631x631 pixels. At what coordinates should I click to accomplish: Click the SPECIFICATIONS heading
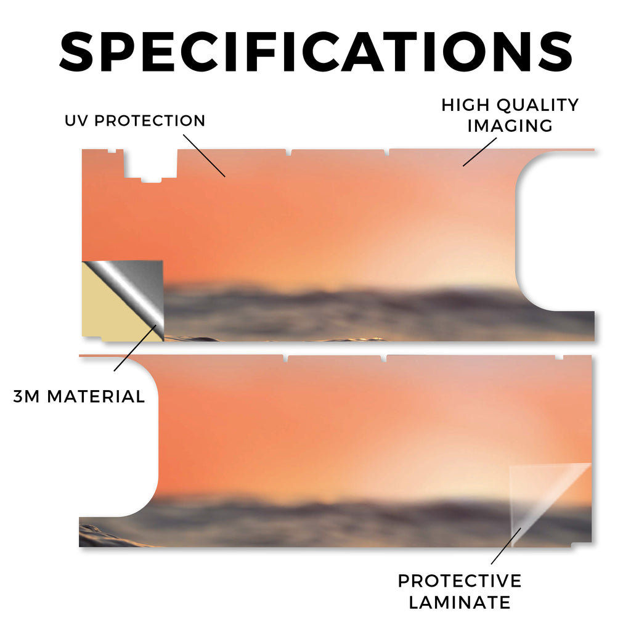coord(316,52)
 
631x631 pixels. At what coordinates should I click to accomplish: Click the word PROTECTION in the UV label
coord(150,120)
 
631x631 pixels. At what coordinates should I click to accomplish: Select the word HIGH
coord(466,105)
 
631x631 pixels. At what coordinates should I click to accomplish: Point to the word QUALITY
coord(537,105)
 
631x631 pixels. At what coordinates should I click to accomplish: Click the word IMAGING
coord(510,126)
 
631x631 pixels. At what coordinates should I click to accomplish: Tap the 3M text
coord(26,396)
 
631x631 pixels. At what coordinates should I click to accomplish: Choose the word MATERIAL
coord(96,396)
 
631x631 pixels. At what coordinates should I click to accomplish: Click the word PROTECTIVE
coord(460,581)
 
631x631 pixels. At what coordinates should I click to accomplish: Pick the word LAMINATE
coord(460,603)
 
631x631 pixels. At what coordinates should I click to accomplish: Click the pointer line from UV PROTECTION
coord(204,156)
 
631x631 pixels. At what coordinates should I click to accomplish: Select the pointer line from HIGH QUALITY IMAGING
coord(479,152)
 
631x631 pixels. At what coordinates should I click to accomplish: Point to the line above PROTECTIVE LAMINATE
coord(506,546)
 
